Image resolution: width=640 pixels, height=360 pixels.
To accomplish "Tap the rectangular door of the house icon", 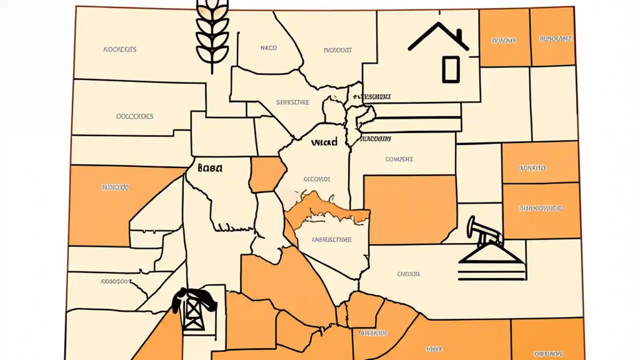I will [x=450, y=69].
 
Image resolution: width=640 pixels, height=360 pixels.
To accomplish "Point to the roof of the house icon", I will [x=437, y=35].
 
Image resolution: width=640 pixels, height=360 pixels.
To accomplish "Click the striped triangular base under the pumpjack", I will [x=492, y=265].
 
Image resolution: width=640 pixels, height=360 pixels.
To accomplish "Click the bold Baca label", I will [x=210, y=168].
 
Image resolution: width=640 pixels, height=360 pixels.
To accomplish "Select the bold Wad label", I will [x=324, y=142].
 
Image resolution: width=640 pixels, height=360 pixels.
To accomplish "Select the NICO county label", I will [x=268, y=48].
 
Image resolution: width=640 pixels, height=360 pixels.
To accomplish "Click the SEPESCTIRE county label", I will [x=293, y=102].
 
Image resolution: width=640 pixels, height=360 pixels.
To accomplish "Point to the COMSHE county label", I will [x=399, y=159].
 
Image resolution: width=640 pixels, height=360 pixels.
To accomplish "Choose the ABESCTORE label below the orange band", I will [x=331, y=239].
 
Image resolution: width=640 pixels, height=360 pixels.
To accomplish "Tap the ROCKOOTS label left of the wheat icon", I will [x=120, y=49].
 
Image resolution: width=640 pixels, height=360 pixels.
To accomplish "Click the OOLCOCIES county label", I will [x=134, y=116].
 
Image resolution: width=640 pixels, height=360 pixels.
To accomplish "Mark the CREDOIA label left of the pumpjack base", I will [x=408, y=274].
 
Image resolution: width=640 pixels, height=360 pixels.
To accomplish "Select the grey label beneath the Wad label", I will [x=317, y=178].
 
